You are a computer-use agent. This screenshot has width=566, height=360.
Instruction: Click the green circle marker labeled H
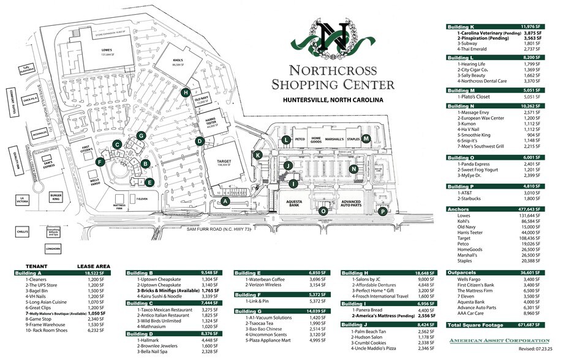186,92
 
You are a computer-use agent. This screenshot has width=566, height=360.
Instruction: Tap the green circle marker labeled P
383,212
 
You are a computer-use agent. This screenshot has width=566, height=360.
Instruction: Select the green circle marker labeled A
225,201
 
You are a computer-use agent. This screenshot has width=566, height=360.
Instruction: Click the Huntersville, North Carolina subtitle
333,99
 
